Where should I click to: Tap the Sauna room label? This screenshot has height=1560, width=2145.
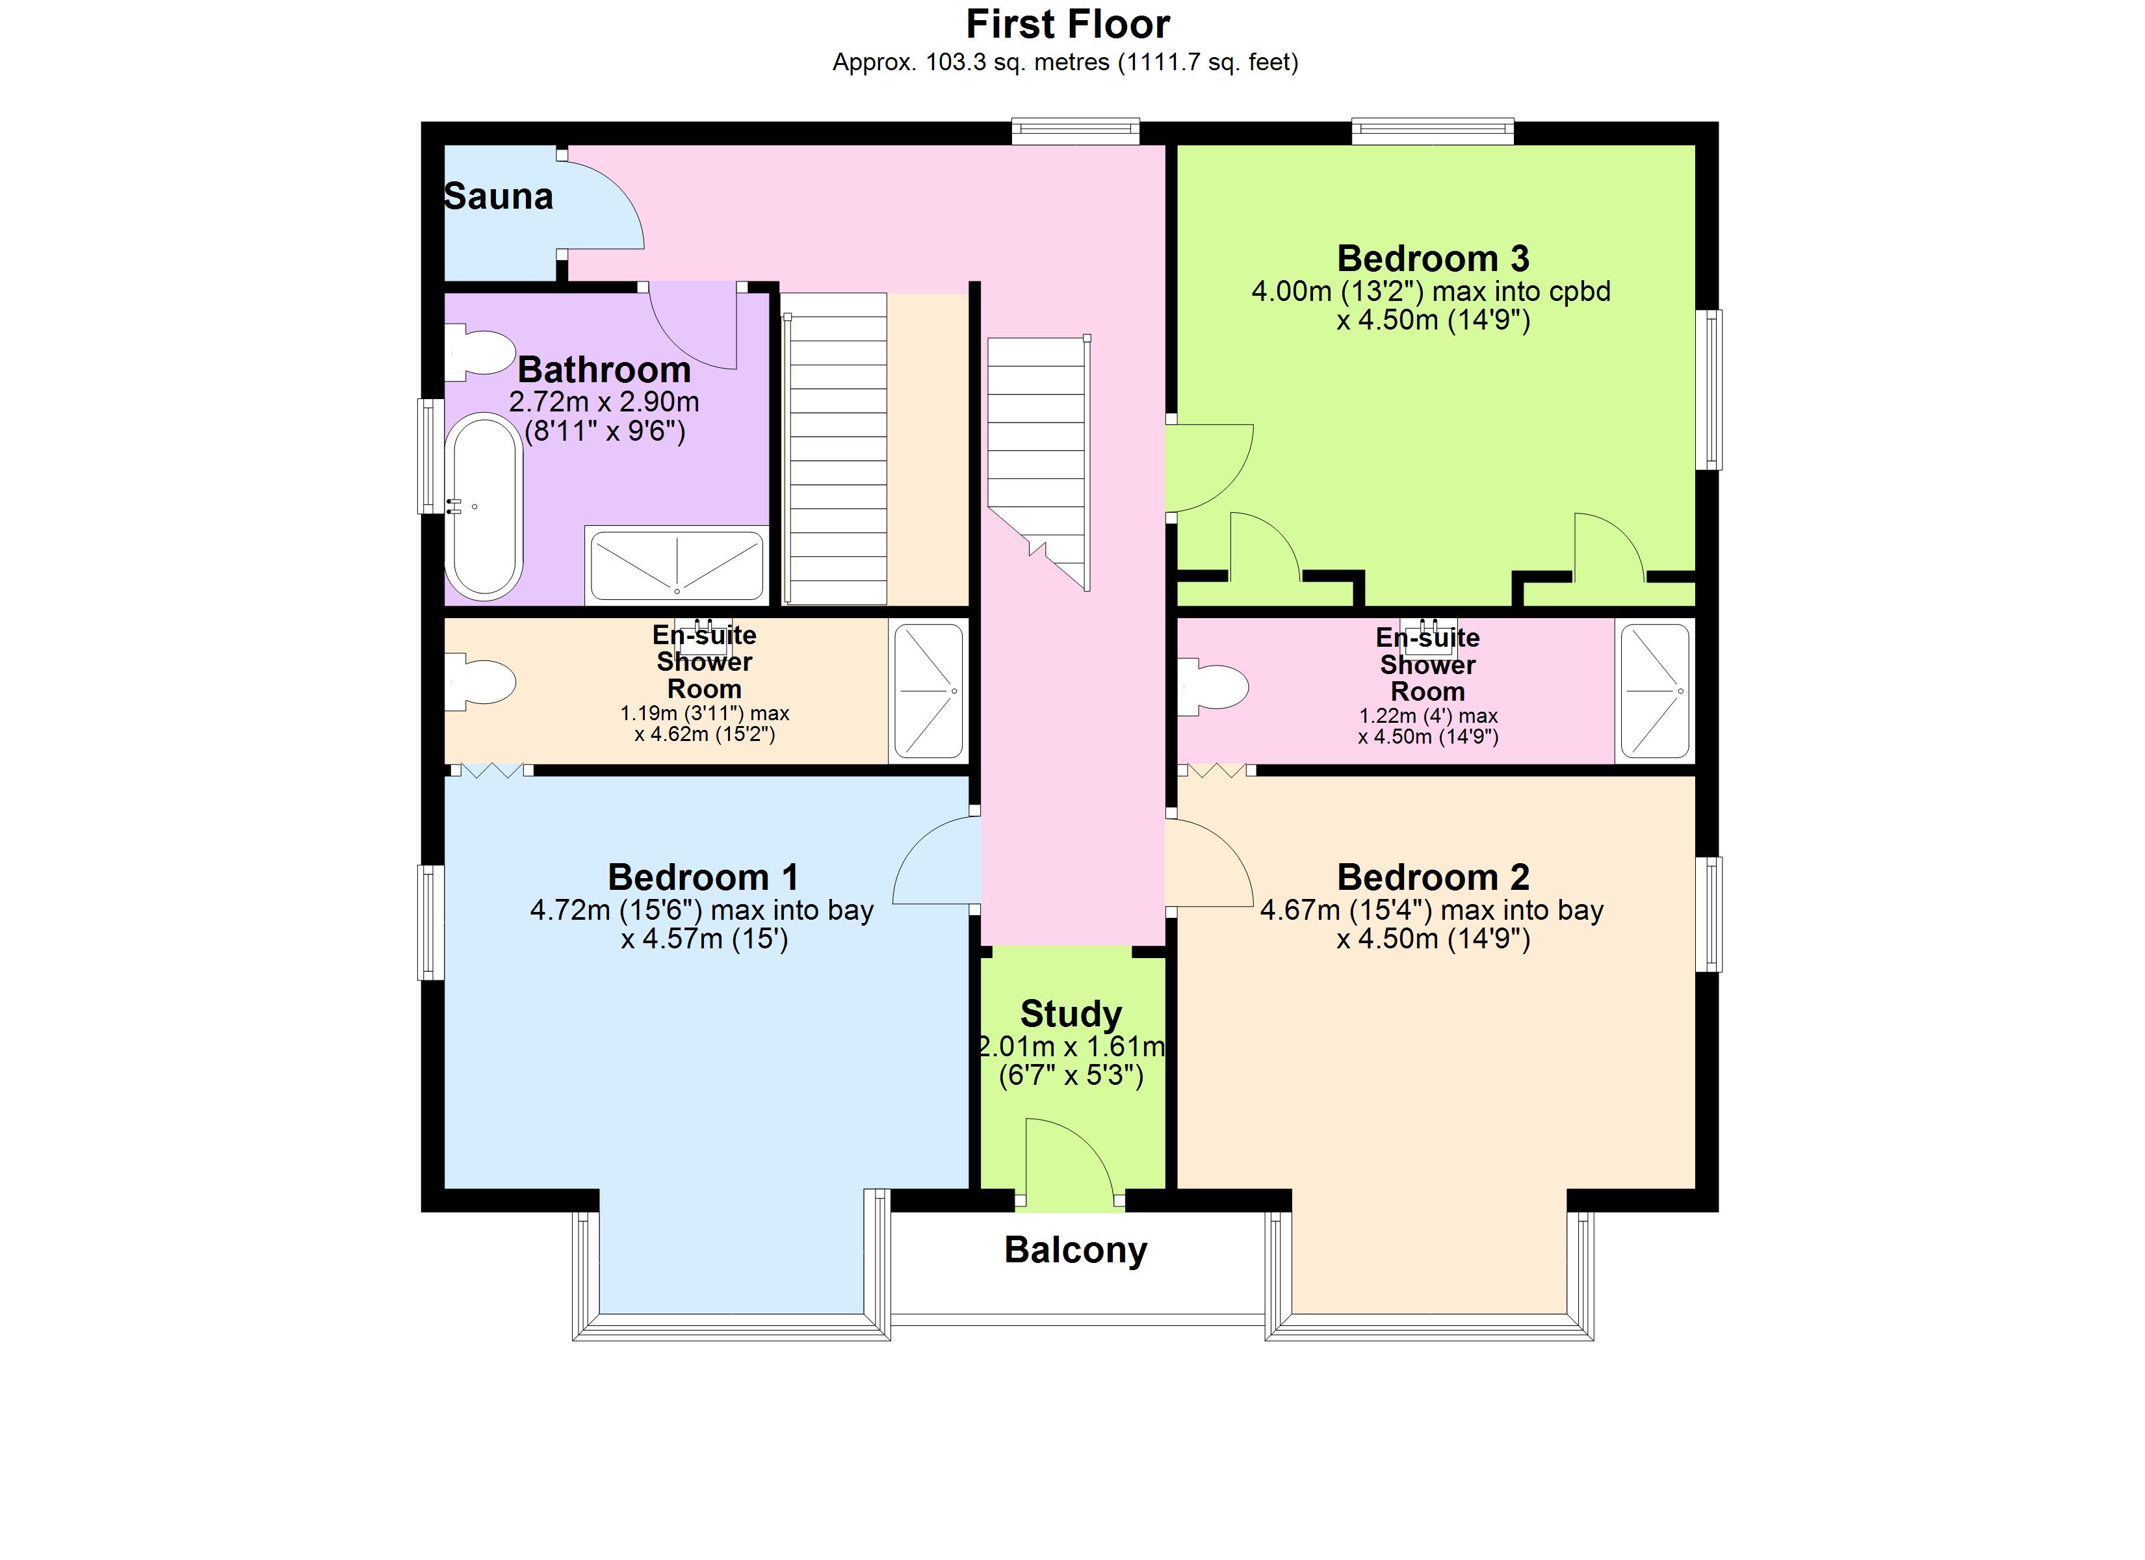pos(499,197)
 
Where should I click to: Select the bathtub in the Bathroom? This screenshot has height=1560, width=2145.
pos(485,506)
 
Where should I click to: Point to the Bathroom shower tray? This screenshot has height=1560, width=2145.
pos(676,565)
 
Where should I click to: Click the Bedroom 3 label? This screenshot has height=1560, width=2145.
pos(1432,258)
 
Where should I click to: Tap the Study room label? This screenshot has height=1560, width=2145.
pos(1071,1013)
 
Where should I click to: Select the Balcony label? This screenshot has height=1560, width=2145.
pos(1075,1250)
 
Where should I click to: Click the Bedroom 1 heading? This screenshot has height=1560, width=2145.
pos(703,877)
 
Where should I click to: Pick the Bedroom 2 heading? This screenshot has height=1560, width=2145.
pos(1432,877)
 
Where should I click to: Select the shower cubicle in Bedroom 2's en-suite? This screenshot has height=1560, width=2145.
pos(1655,692)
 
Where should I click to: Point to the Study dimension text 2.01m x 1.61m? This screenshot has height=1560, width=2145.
pos(1071,1047)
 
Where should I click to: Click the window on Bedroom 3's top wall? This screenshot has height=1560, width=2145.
pos(1432,131)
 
